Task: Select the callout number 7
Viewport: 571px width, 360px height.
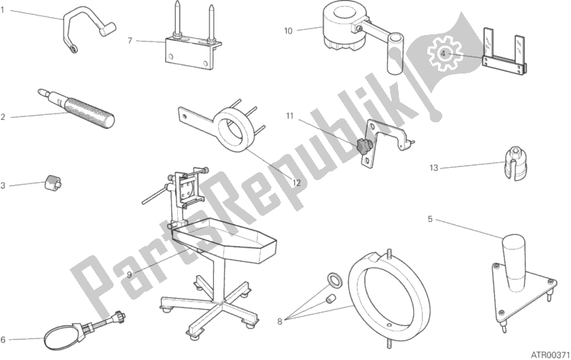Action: [x=130, y=40]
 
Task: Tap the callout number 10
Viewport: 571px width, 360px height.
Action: [x=288, y=30]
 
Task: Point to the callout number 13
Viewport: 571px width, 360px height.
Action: [x=433, y=169]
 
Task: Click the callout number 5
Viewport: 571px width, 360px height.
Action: [x=430, y=219]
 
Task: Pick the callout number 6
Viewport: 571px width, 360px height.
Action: [x=4, y=339]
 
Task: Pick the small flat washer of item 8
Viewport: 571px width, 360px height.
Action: [x=334, y=277]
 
